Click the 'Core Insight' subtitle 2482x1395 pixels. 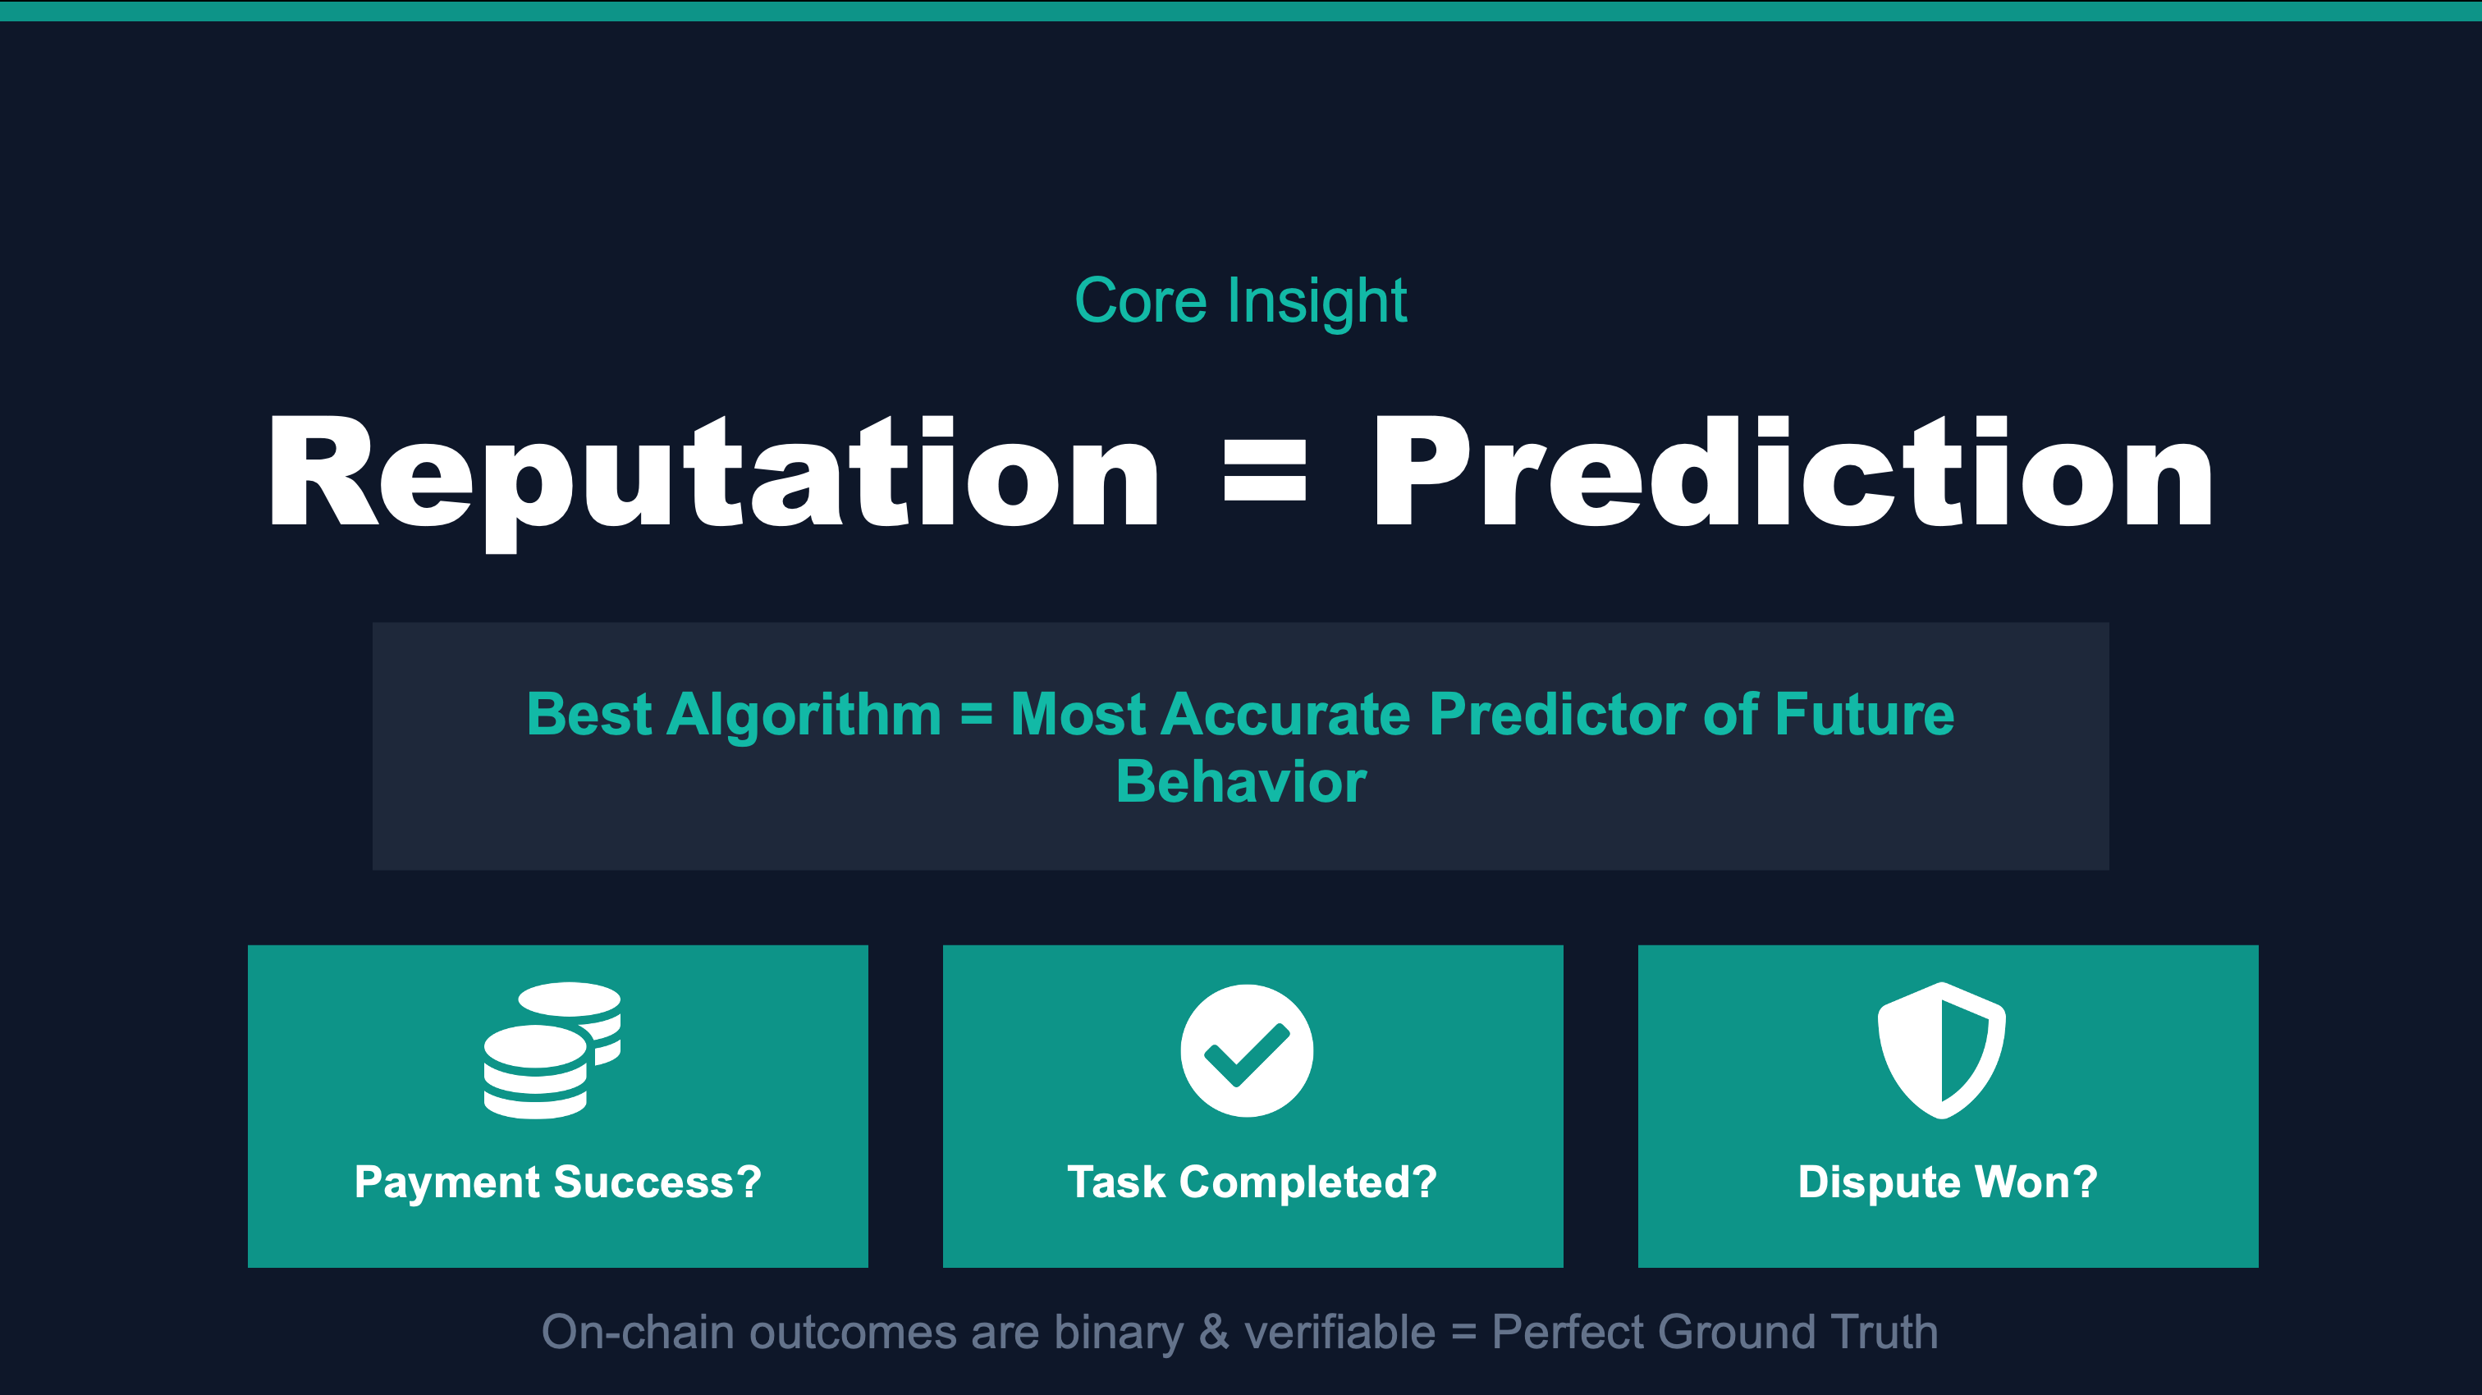tap(1240, 301)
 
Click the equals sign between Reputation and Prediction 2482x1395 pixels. tap(1265, 471)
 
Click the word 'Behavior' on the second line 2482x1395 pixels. tap(1241, 781)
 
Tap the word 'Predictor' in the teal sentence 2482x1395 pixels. tap(1557, 715)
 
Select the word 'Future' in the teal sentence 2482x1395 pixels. tap(1865, 715)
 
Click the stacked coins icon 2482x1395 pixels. tap(552, 1050)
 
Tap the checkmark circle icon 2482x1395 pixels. tap(1247, 1051)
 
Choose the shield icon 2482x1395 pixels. tap(1941, 1050)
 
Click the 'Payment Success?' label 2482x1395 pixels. tap(558, 1183)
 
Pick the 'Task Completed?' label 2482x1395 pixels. tap(1252, 1183)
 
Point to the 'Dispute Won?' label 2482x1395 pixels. tap(1947, 1183)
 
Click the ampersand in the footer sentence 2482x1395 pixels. tap(1214, 1333)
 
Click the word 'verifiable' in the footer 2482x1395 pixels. tap(1340, 1333)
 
